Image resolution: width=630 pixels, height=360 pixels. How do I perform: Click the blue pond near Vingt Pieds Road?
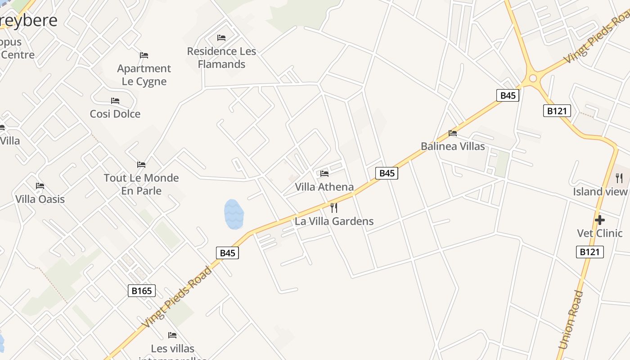tap(234, 214)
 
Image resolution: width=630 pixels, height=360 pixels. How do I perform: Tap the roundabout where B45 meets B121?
tap(533, 79)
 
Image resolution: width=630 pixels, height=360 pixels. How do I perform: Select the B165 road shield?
tap(142, 291)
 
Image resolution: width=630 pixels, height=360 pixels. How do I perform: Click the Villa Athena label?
tap(324, 187)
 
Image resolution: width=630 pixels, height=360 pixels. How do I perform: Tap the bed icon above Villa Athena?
tap(324, 174)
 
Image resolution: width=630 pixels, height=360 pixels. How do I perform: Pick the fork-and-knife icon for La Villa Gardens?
tap(334, 208)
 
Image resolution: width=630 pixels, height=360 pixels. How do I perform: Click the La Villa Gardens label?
tap(334, 221)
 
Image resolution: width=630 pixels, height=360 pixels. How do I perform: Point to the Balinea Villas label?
tap(453, 146)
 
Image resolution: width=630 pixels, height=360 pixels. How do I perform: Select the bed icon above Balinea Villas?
tap(453, 133)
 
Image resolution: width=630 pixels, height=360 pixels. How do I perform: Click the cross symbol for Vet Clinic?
tap(599, 220)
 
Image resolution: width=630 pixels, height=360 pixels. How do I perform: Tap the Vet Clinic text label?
tap(599, 233)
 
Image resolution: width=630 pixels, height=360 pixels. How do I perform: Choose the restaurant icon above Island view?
tap(619, 178)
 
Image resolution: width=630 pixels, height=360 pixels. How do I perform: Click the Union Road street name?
tap(570, 320)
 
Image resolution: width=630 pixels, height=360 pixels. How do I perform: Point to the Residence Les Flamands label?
tap(221, 58)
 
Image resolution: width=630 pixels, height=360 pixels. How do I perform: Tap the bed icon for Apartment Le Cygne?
tap(144, 55)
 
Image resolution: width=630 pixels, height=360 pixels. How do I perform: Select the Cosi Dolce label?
tap(115, 114)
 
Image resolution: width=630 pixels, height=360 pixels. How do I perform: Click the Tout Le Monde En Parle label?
tap(141, 184)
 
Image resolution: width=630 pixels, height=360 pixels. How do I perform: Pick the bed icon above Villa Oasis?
tap(40, 186)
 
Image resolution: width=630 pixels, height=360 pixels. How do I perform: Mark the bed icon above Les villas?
tap(172, 335)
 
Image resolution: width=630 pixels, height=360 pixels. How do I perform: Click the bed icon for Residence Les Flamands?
tap(221, 38)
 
